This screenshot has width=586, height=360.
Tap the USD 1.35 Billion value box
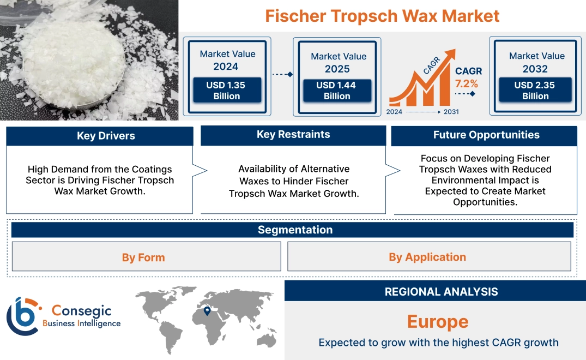click(226, 90)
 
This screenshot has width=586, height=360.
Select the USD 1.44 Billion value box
click(337, 90)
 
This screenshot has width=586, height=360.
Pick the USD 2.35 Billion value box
click(535, 90)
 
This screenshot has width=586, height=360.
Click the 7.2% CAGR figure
click(466, 83)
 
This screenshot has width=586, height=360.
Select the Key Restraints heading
click(293, 135)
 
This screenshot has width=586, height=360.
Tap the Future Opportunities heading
click(486, 135)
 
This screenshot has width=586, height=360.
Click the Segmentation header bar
click(295, 230)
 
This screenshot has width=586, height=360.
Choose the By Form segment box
click(143, 257)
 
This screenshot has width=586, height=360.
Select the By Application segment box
click(427, 257)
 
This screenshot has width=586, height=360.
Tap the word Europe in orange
click(438, 322)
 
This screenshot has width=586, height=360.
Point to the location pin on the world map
click(207, 311)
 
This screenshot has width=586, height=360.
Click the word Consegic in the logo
click(82, 311)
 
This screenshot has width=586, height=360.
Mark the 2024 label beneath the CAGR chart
click(395, 112)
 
